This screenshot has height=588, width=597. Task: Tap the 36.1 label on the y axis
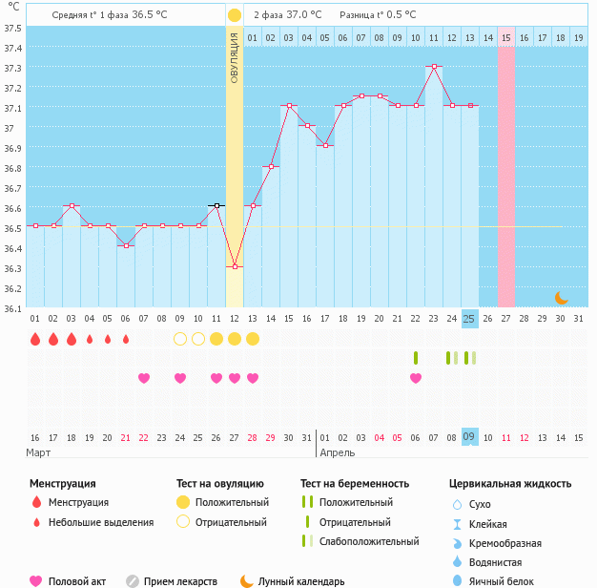pos(12,308)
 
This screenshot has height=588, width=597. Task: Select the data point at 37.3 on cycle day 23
pos(434,67)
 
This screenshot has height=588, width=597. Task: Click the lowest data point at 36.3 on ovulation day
pos(235,267)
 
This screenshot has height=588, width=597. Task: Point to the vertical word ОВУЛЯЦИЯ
pos(235,58)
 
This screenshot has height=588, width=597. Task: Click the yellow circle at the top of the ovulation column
pos(235,15)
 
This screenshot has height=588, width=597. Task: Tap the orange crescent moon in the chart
pos(562,298)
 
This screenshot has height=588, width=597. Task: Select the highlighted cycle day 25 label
pos(469,319)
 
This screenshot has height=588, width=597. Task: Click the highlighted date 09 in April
pos(469,437)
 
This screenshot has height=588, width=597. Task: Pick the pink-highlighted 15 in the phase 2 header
pos(506,37)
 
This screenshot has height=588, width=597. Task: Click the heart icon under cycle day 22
pos(416,378)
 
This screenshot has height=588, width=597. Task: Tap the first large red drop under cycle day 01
pos(35,339)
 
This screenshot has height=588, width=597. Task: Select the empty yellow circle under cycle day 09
pos(180,339)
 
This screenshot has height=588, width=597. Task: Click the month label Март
pos(39,452)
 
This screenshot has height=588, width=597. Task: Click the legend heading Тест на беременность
pos(355,484)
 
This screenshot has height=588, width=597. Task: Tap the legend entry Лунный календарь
pos(302,580)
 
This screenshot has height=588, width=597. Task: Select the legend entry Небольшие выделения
pos(101,522)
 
